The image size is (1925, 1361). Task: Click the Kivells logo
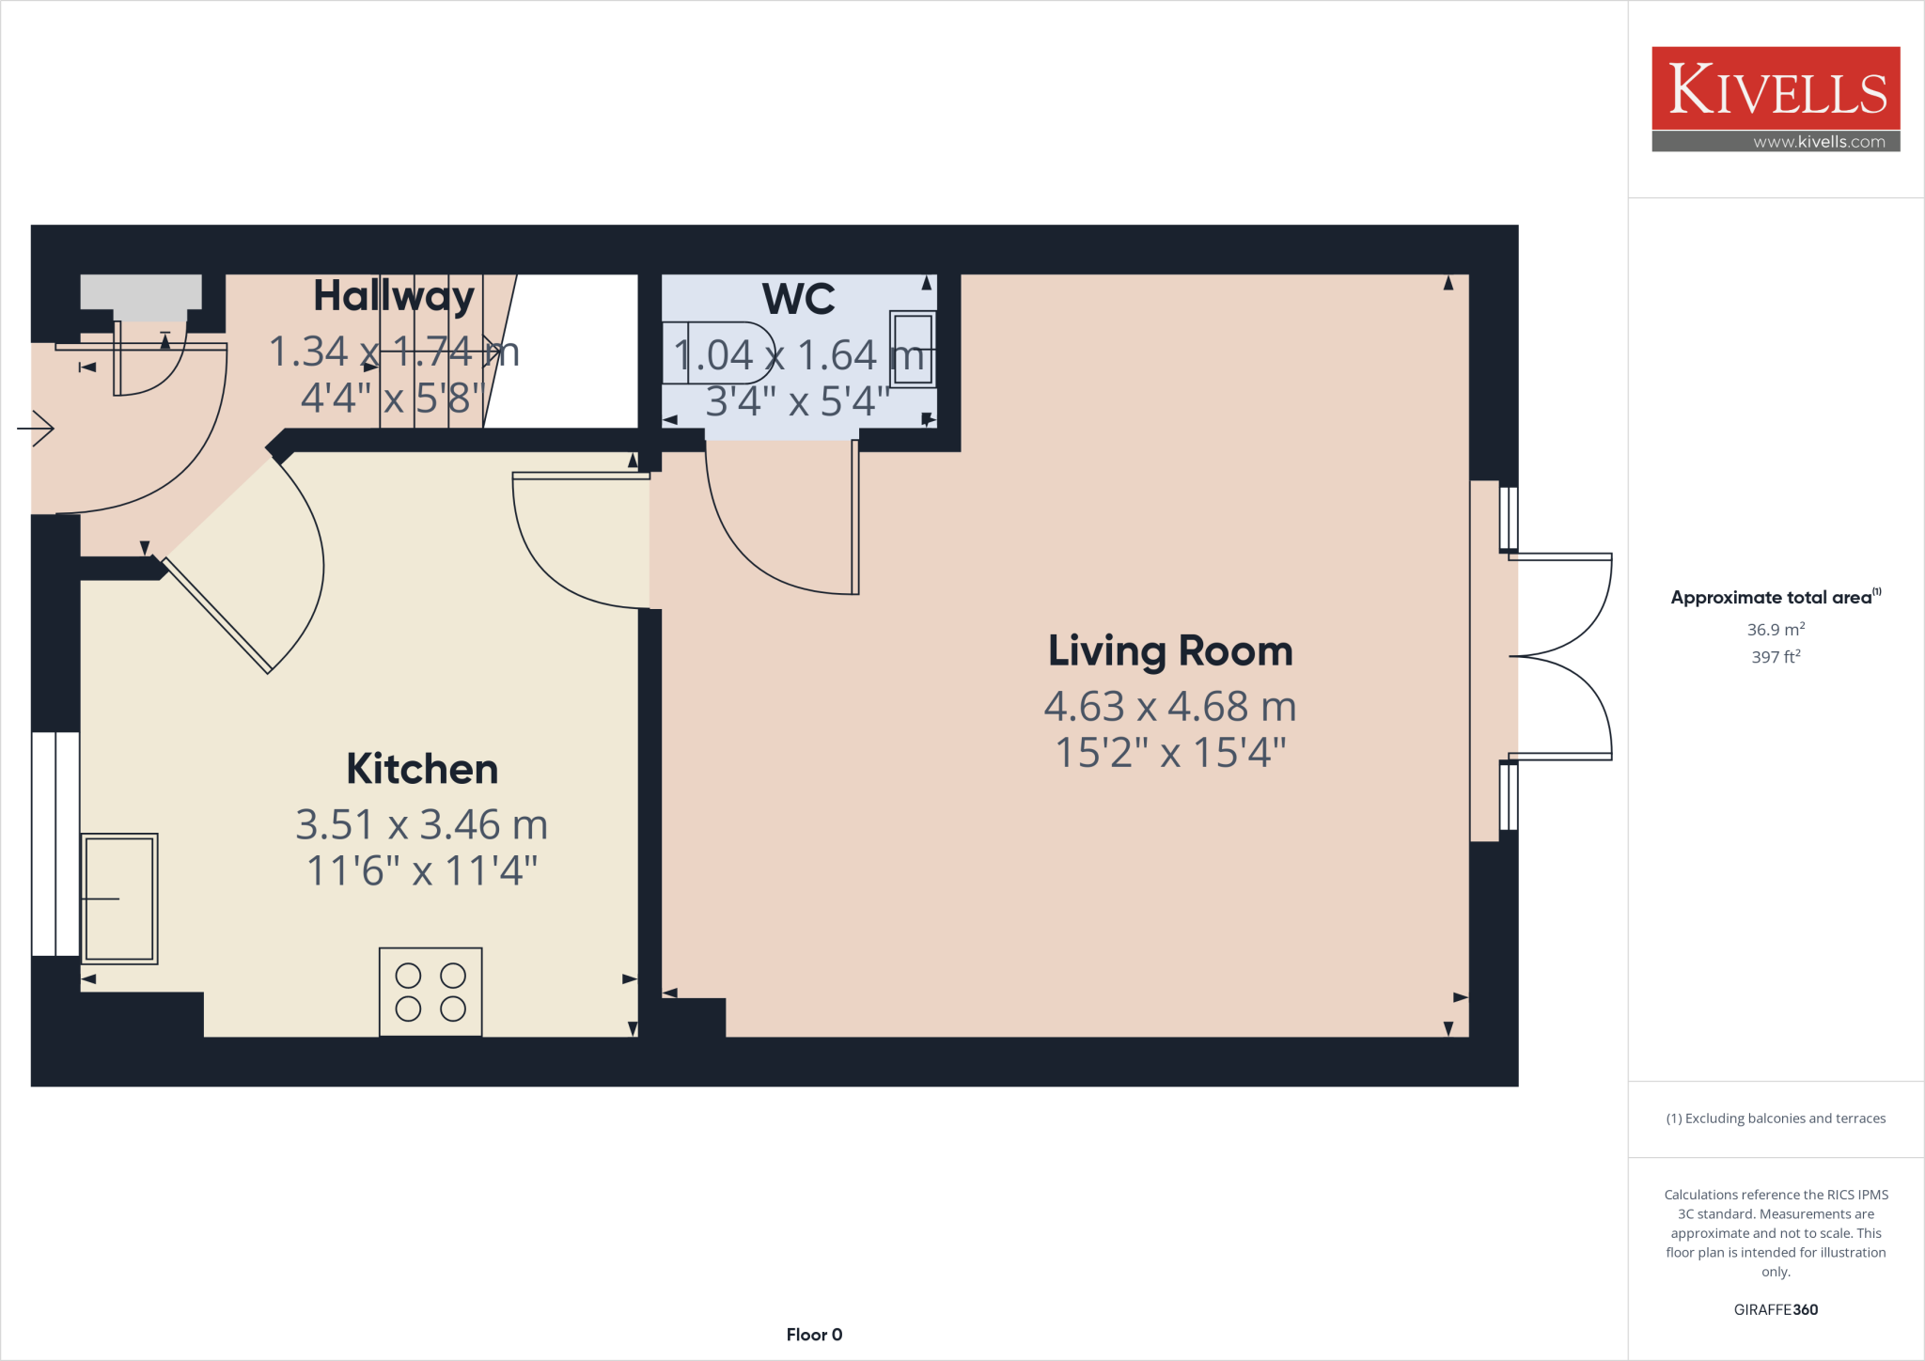[1776, 89]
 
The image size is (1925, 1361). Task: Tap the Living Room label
[1170, 650]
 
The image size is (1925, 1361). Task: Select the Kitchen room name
[422, 769]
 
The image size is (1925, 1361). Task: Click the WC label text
[798, 299]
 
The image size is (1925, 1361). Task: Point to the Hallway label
[394, 296]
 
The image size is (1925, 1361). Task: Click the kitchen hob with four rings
[430, 992]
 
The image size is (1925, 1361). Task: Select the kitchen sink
[119, 899]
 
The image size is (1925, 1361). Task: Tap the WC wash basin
[913, 349]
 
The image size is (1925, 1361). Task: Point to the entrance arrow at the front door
[37, 429]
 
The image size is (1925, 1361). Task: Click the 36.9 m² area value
[1776, 629]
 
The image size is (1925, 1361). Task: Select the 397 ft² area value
[1776, 656]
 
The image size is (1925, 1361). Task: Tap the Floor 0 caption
[814, 1335]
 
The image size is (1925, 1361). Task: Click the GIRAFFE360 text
[1776, 1309]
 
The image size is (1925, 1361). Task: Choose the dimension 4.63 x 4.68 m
[1170, 707]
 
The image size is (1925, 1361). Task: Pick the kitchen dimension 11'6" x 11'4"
[422, 870]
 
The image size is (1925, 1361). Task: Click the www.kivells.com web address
[1819, 142]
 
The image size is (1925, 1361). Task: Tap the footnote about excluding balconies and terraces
[1776, 1119]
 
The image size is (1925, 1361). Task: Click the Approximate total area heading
[1772, 598]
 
